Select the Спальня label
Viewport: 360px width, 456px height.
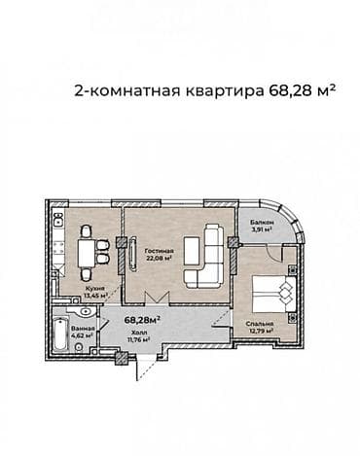pyautogui.click(x=259, y=324)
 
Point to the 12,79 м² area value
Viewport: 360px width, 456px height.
pyautogui.click(x=259, y=332)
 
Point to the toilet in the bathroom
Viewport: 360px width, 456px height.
pyautogui.click(x=85, y=313)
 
